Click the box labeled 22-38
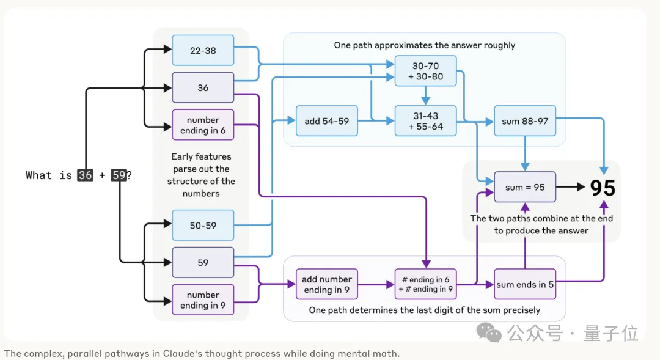point(203,51)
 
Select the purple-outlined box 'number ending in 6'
point(203,125)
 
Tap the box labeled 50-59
point(203,225)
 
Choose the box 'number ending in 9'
point(203,299)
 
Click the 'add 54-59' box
point(326,121)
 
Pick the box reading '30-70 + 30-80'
point(425,71)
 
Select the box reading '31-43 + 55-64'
point(425,121)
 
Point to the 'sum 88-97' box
point(525,121)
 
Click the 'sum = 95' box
point(525,187)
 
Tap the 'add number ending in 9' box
point(326,284)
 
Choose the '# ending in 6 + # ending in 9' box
point(425,284)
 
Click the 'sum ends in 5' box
point(525,284)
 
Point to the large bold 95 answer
point(603,188)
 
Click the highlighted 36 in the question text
point(85,175)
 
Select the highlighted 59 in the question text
point(119,175)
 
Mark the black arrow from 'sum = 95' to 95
point(571,187)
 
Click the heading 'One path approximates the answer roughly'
point(424,45)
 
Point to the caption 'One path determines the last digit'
point(424,310)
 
